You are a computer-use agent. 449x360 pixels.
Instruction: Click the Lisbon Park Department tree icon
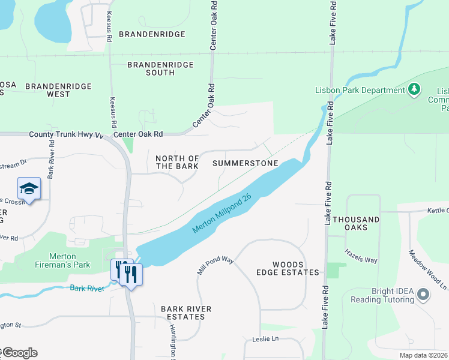tap(414, 90)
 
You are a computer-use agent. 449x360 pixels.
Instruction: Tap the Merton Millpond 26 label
tap(221, 214)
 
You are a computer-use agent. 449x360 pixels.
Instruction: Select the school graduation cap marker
tap(29, 188)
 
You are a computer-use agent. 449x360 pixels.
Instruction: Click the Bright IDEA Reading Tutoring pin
tap(423, 295)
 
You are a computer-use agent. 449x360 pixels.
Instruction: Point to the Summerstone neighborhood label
tap(246, 163)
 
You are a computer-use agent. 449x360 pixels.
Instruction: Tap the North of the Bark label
tap(177, 162)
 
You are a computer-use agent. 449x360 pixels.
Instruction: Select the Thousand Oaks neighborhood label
tap(357, 224)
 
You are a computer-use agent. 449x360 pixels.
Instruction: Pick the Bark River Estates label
tap(186, 313)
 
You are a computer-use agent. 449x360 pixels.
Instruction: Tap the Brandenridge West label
tap(58, 90)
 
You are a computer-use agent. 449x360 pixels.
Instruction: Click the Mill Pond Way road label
tap(214, 265)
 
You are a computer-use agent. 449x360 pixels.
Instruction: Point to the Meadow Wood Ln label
tap(428, 271)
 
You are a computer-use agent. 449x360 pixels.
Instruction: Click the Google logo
tap(20, 352)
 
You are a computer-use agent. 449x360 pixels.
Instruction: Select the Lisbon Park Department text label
tap(360, 90)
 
